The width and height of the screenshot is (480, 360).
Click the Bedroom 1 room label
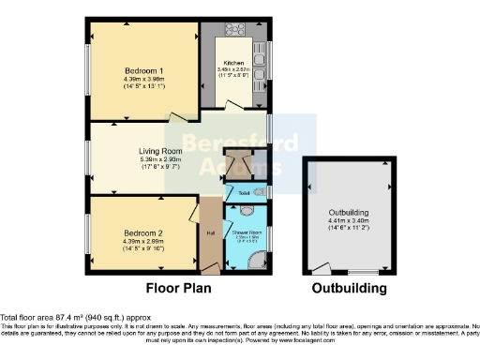[x=143, y=71]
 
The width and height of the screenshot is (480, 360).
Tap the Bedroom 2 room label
[x=143, y=233]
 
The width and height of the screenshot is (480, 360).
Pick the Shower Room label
[x=247, y=232]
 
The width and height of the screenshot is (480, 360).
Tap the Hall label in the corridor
[x=210, y=232]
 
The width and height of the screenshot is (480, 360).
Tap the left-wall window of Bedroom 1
[x=88, y=69]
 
